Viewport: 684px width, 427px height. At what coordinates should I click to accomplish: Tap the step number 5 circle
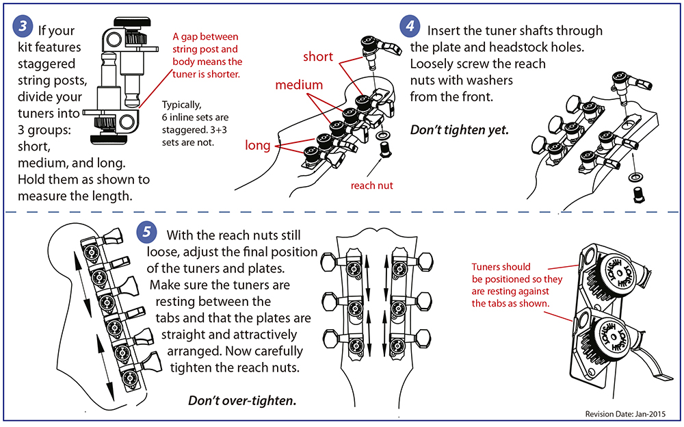(x=148, y=232)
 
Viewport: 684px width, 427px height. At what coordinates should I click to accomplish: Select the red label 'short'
(x=317, y=56)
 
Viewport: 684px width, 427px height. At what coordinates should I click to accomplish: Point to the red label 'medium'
(x=299, y=86)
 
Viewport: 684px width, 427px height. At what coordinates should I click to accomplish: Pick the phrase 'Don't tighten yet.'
(x=459, y=130)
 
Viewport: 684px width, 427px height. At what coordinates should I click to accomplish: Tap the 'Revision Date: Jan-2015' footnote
(x=624, y=415)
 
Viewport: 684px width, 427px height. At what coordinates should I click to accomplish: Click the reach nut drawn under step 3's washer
(x=384, y=148)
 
